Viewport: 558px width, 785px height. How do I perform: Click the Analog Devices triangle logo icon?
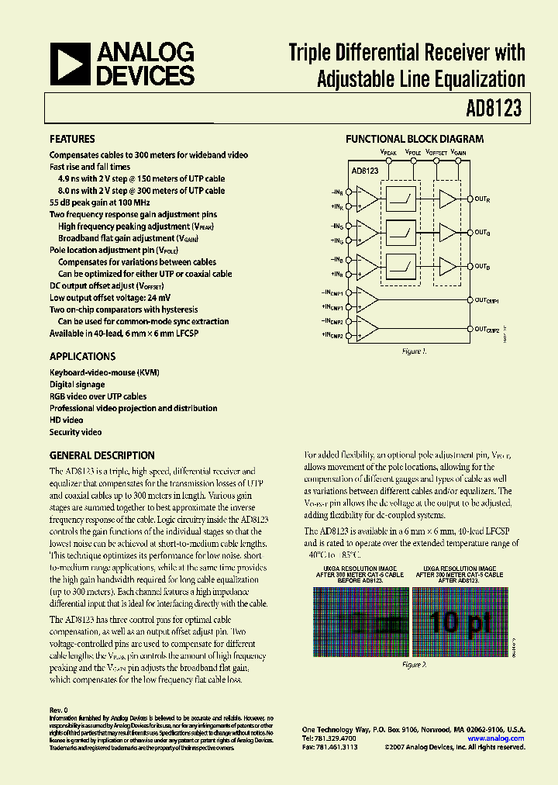point(71,64)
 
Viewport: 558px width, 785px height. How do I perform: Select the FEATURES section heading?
point(72,140)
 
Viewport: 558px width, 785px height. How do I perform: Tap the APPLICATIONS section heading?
point(82,357)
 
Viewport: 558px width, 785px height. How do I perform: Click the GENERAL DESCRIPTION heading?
point(102,456)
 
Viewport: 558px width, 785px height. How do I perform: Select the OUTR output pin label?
point(482,199)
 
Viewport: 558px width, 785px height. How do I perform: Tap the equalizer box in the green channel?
point(401,231)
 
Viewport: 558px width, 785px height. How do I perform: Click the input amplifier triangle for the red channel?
point(367,199)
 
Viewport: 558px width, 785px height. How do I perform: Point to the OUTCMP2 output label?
point(487,330)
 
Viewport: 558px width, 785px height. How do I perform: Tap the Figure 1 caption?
point(414,352)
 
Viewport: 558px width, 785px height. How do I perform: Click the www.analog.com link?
point(497,738)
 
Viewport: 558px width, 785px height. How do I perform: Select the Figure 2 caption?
point(414,665)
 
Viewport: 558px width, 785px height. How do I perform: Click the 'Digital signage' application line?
point(77,385)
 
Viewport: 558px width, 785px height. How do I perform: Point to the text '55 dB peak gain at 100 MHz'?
point(100,202)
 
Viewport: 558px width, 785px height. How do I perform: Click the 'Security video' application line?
point(76,432)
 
